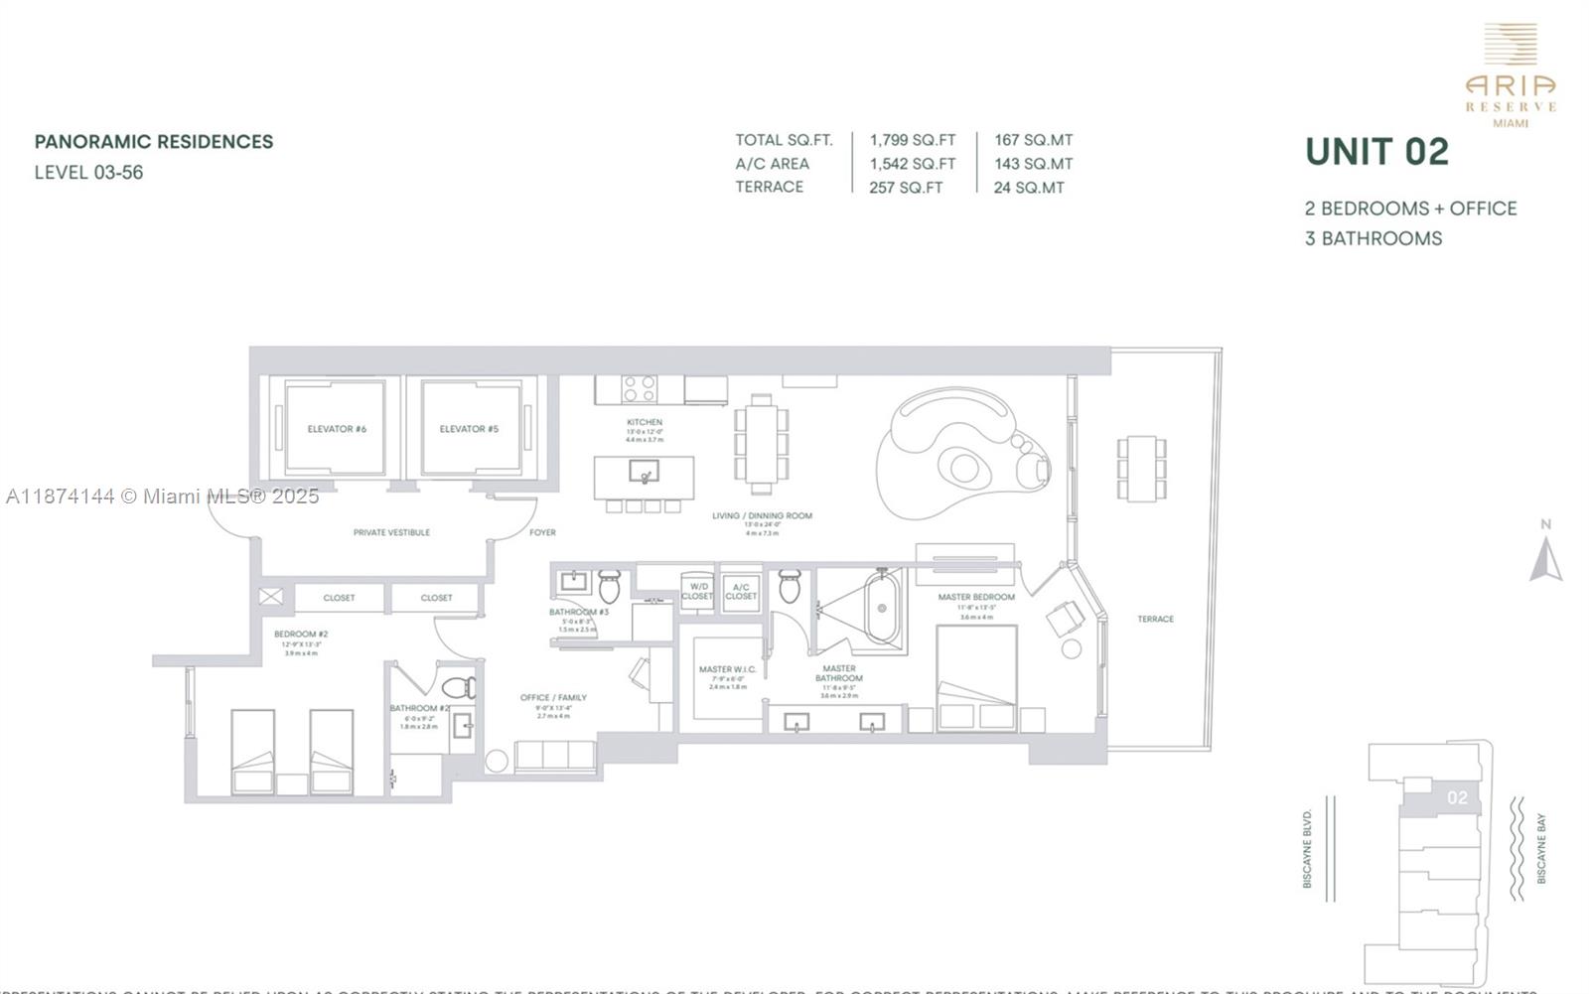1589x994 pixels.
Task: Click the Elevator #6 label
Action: point(337,429)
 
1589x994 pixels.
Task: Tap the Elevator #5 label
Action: point(469,429)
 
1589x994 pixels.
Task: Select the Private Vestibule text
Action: point(391,533)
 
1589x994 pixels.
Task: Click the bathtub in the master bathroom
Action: point(881,607)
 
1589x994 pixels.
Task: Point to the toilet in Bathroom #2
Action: point(460,687)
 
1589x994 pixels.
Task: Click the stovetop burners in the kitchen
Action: point(638,388)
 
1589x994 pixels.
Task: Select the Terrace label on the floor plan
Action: point(1155,619)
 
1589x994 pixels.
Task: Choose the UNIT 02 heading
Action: point(1376,152)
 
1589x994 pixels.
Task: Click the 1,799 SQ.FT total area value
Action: point(912,140)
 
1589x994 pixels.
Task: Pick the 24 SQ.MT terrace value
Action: point(1028,188)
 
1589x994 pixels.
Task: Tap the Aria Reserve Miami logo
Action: point(1511,75)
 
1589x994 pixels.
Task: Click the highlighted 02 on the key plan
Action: point(1457,797)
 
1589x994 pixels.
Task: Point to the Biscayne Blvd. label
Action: point(1307,848)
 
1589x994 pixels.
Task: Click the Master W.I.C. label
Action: point(727,670)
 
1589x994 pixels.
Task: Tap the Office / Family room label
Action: point(553,698)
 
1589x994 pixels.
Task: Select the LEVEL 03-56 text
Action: point(89,173)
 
